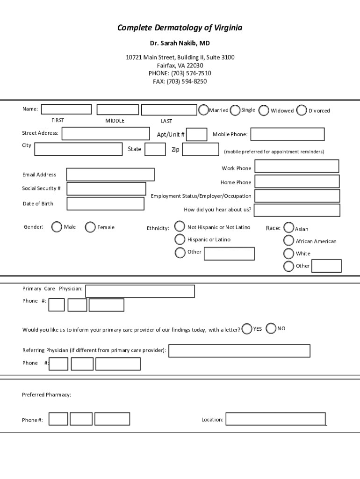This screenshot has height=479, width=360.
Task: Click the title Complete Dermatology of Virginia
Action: click(180, 28)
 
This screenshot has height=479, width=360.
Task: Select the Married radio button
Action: click(203, 110)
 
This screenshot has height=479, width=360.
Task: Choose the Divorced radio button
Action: click(302, 110)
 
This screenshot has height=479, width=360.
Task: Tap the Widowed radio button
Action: click(264, 110)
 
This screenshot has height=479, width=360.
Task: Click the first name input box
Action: click(66, 109)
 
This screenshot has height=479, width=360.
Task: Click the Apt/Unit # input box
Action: click(197, 135)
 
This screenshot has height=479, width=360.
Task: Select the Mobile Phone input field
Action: click(287, 134)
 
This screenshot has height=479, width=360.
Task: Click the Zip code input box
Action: click(200, 149)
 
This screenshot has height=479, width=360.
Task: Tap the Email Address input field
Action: click(110, 174)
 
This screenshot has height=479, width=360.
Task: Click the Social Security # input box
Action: click(106, 189)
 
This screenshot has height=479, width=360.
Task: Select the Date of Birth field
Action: click(105, 204)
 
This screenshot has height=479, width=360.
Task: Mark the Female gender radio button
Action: click(90, 227)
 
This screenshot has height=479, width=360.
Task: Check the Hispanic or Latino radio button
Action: click(180, 239)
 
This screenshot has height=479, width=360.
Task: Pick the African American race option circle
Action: click(289, 241)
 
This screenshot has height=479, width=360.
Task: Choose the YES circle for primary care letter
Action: click(247, 329)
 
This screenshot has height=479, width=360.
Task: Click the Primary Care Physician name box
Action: click(140, 291)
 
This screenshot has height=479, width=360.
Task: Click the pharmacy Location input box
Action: click(275, 419)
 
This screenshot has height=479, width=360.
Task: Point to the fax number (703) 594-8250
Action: click(180, 81)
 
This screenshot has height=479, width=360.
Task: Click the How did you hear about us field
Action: click(297, 210)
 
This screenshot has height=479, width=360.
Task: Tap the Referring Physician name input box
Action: click(239, 351)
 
